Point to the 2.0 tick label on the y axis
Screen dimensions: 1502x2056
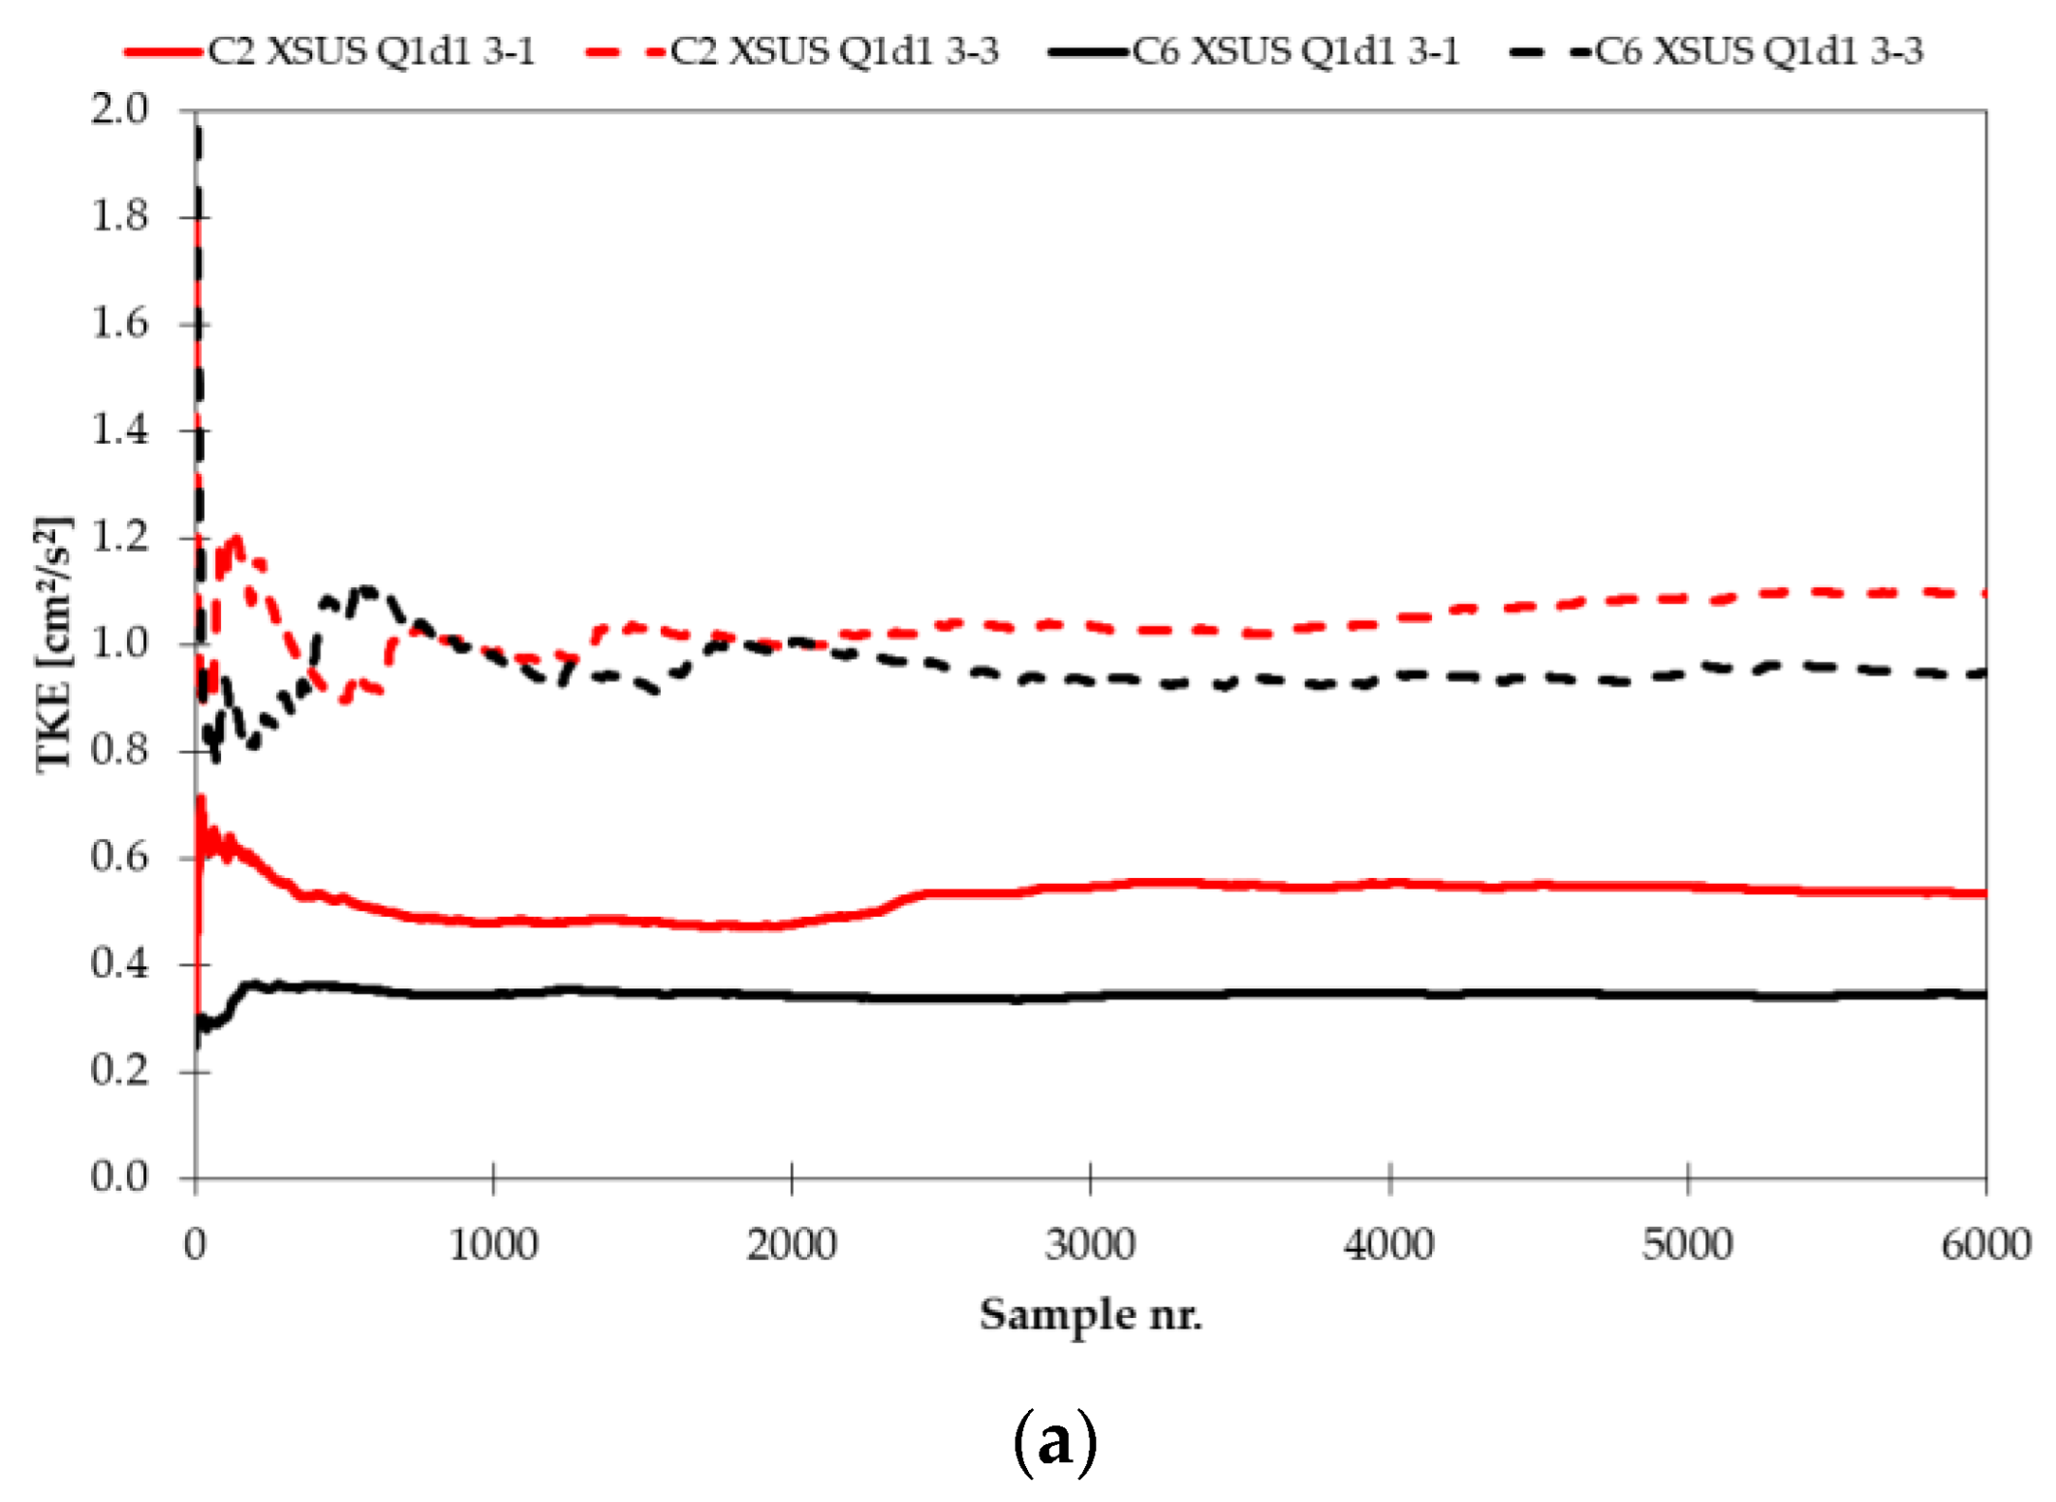point(120,109)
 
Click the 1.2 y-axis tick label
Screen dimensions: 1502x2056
point(120,537)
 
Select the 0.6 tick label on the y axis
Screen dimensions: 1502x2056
point(120,857)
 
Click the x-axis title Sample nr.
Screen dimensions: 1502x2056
point(1090,1315)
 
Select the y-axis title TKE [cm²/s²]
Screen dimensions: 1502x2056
point(53,644)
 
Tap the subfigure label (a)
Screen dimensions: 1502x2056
point(1055,1442)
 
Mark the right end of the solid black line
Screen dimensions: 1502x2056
point(1984,994)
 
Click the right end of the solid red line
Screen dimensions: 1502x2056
point(1984,892)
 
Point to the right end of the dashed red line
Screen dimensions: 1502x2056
point(1984,593)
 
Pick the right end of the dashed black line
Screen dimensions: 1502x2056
point(1984,673)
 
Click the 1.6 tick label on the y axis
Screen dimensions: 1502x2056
point(120,323)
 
